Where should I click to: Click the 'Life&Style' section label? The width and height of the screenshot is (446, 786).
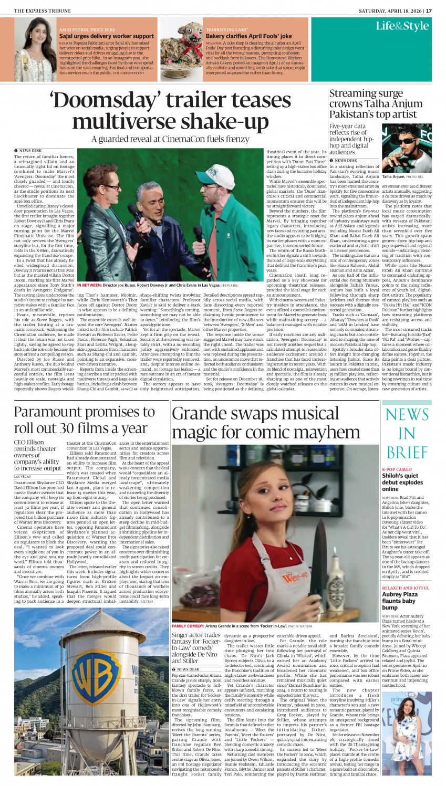402,26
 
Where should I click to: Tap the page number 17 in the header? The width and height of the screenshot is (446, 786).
429,11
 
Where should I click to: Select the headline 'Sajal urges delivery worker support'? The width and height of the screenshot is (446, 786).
107,36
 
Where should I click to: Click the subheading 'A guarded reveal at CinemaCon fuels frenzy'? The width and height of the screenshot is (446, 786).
170,139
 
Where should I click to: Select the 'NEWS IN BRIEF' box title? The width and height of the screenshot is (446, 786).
407,433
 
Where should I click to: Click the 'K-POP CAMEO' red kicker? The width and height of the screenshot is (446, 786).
397,469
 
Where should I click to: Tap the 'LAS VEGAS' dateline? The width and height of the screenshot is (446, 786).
22,476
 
